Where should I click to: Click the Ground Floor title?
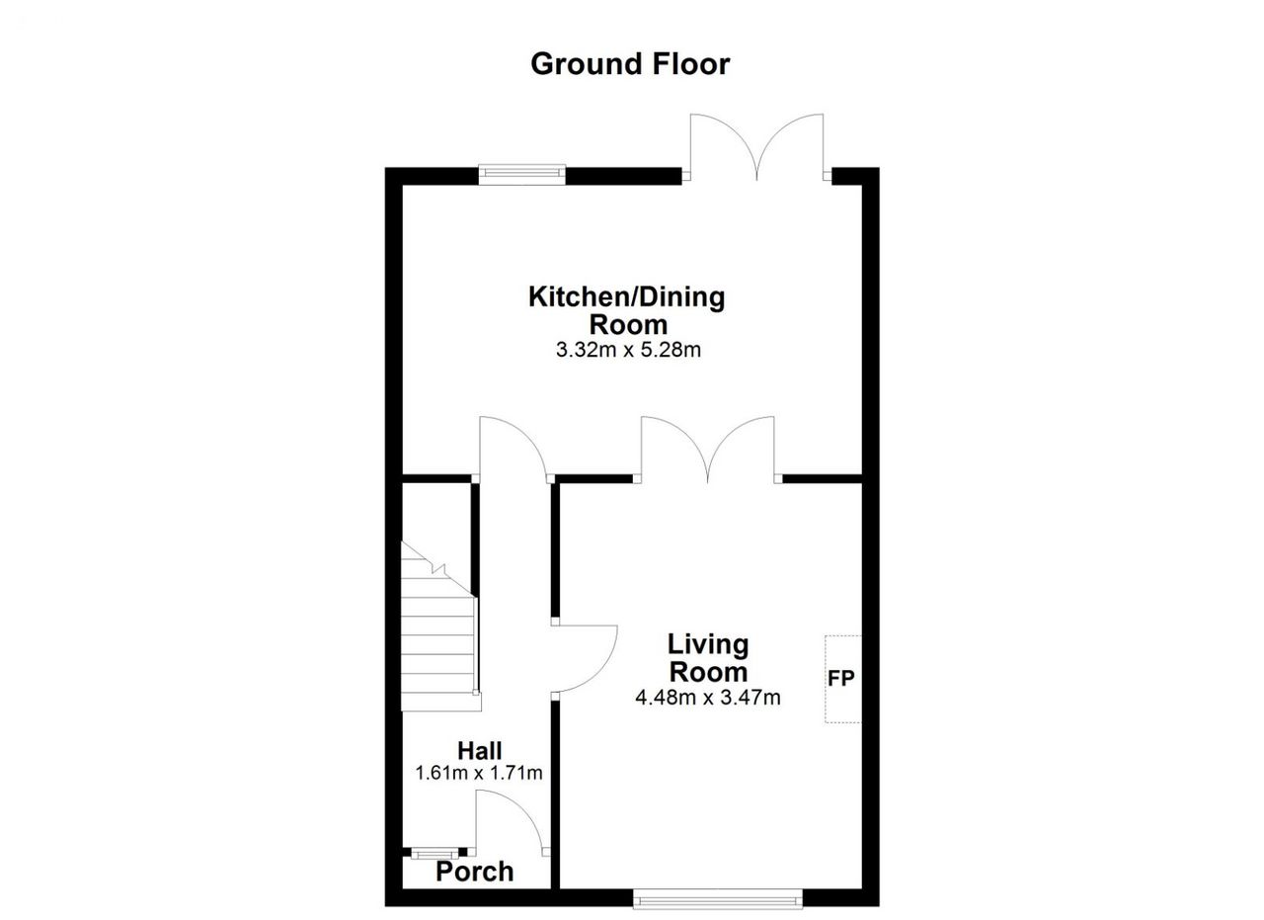click(630, 64)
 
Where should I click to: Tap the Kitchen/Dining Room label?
click(627, 310)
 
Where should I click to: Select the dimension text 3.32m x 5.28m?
click(628, 350)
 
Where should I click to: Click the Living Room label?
click(708, 658)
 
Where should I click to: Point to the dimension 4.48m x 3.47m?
click(708, 698)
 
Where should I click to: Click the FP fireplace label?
click(840, 678)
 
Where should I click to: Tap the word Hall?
click(479, 751)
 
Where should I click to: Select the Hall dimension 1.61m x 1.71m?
click(479, 773)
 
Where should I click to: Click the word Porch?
click(475, 872)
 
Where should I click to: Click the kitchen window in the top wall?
click(522, 175)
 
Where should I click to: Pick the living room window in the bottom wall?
click(718, 898)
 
